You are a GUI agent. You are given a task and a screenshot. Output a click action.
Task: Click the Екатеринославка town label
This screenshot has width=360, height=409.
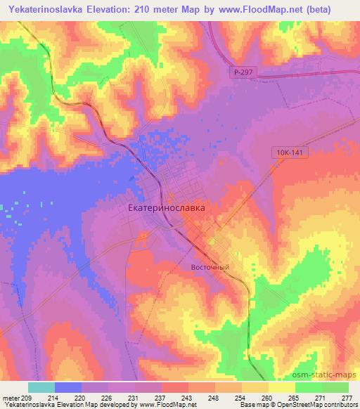click(x=167, y=209)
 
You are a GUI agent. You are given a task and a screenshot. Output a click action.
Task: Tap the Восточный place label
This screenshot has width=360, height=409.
click(x=210, y=267)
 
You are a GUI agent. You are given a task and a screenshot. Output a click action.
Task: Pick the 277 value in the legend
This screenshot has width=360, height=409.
click(x=347, y=397)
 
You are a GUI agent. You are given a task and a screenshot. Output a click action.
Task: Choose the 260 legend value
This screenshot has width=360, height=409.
click(x=267, y=397)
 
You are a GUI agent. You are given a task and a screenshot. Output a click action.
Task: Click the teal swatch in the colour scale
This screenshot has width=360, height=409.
click(x=41, y=387)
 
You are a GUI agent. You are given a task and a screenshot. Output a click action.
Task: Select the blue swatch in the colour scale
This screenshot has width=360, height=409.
click(x=68, y=387)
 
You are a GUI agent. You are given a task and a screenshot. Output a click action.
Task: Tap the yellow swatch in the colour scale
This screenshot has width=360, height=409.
click(x=282, y=387)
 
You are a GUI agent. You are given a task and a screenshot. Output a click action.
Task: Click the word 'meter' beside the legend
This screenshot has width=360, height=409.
click(x=11, y=397)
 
